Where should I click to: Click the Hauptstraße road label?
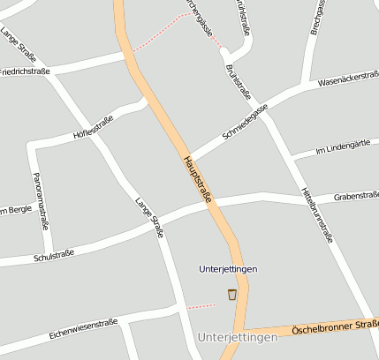(x=197, y=180)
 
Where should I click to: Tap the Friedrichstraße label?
(x=25, y=71)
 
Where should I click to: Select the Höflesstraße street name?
(x=93, y=129)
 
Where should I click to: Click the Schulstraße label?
(x=53, y=256)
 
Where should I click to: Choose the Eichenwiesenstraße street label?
(x=84, y=328)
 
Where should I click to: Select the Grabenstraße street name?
(x=357, y=198)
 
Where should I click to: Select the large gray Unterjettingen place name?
(x=238, y=337)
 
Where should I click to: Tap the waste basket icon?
(x=231, y=294)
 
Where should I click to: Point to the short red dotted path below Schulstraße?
(x=201, y=306)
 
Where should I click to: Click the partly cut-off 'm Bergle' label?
(x=15, y=210)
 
